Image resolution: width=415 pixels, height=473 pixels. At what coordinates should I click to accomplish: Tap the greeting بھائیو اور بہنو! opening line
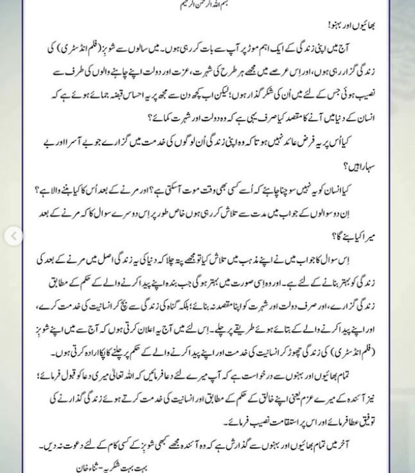coord(351,26)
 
